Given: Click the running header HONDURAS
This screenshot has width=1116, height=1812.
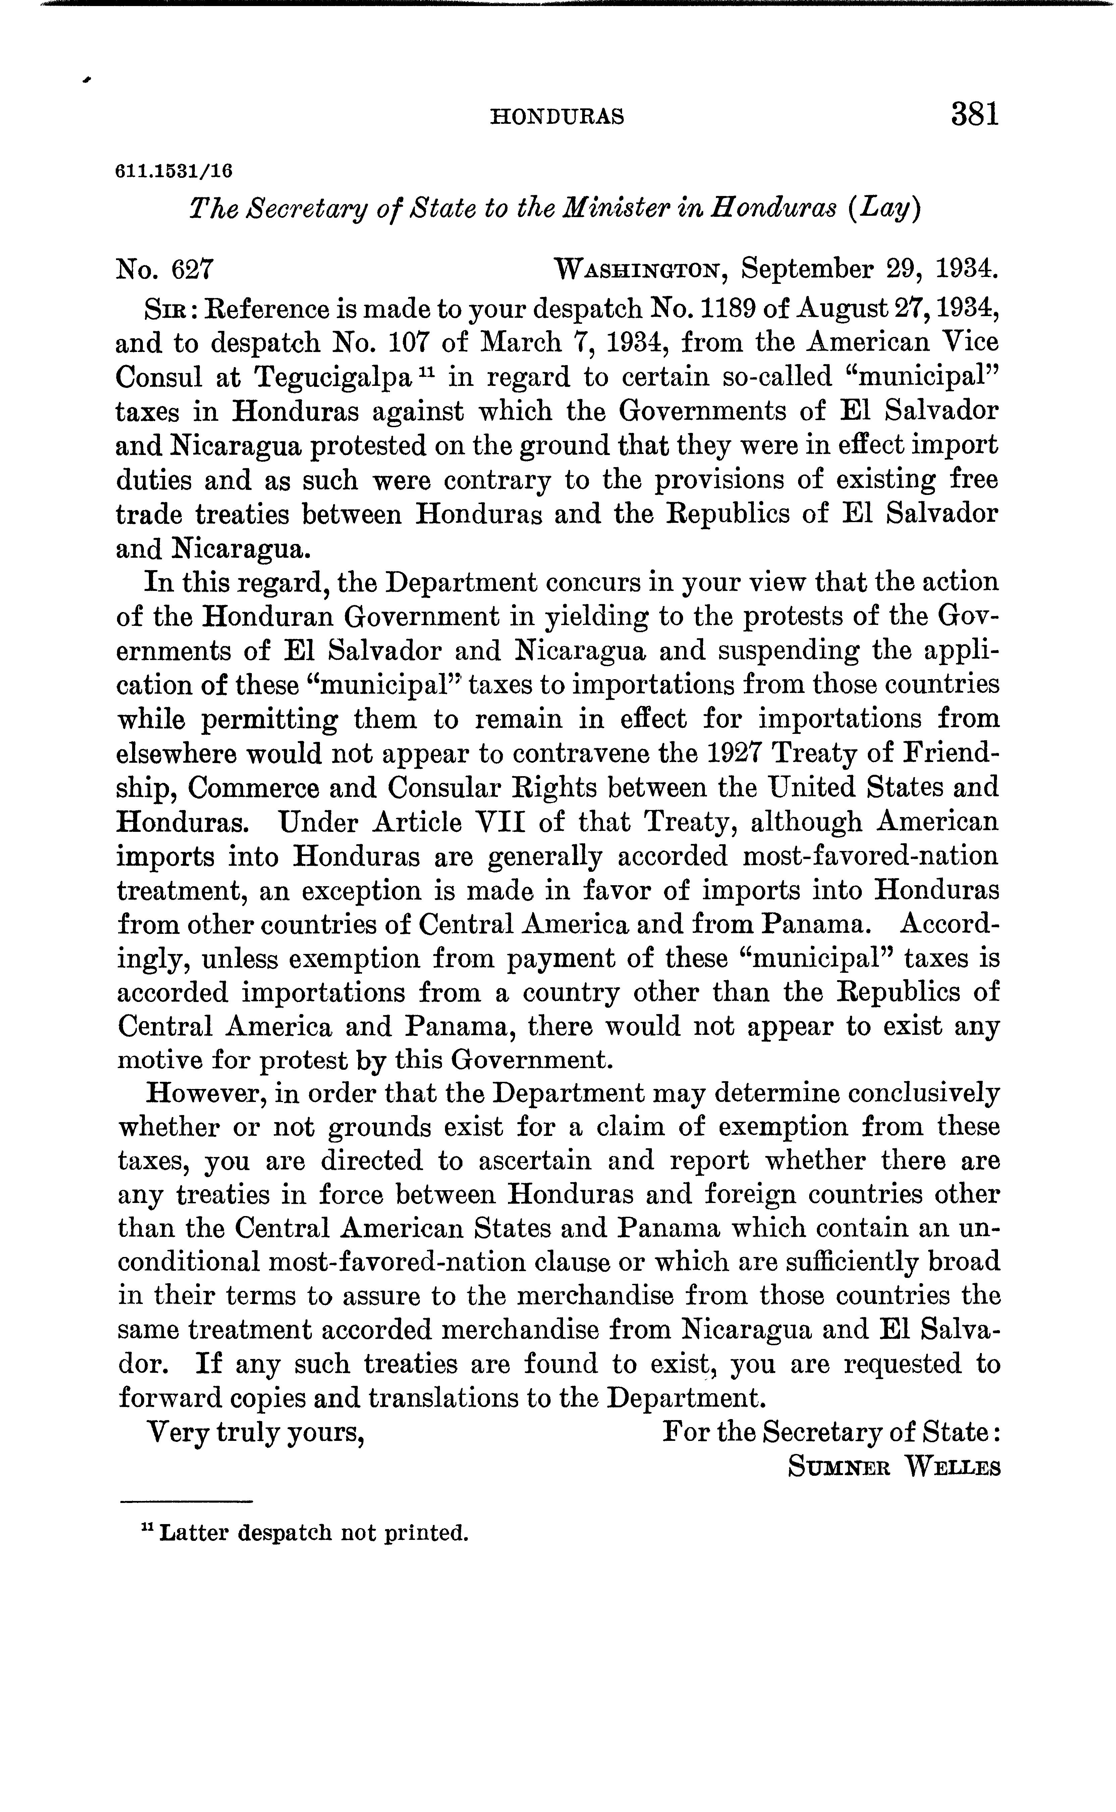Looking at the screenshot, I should [557, 117].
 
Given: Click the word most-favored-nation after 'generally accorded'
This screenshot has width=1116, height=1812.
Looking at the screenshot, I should [870, 857].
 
